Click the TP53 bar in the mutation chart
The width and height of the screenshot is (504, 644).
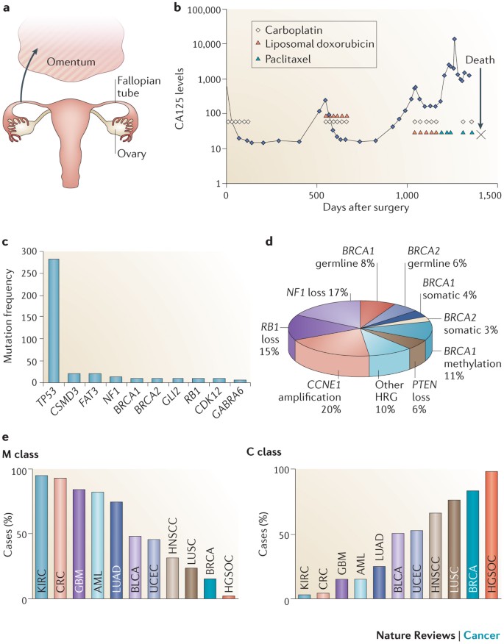pyautogui.click(x=54, y=321)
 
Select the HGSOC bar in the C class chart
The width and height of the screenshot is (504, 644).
pyautogui.click(x=491, y=535)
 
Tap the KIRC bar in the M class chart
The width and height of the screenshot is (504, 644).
pyautogui.click(x=41, y=537)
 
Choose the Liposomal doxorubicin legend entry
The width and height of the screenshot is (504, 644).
pyautogui.click(x=314, y=43)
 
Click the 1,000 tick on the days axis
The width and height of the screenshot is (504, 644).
pyautogui.click(x=407, y=195)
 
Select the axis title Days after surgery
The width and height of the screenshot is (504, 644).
pyautogui.click(x=366, y=207)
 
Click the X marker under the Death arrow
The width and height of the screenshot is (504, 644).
pyautogui.click(x=480, y=135)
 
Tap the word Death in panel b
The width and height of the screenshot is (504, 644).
pyautogui.click(x=480, y=60)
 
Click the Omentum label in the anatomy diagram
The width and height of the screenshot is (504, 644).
pyautogui.click(x=71, y=62)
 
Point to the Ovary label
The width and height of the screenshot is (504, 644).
pyautogui.click(x=132, y=154)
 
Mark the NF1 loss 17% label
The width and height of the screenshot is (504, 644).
pyautogui.click(x=317, y=293)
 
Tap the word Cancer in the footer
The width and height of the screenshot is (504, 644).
pyautogui.click(x=482, y=635)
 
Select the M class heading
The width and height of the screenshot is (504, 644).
pyautogui.click(x=21, y=454)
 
